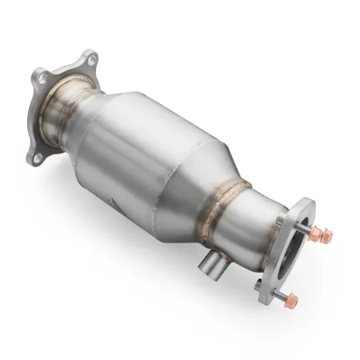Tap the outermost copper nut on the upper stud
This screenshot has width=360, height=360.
pos(327,235)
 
